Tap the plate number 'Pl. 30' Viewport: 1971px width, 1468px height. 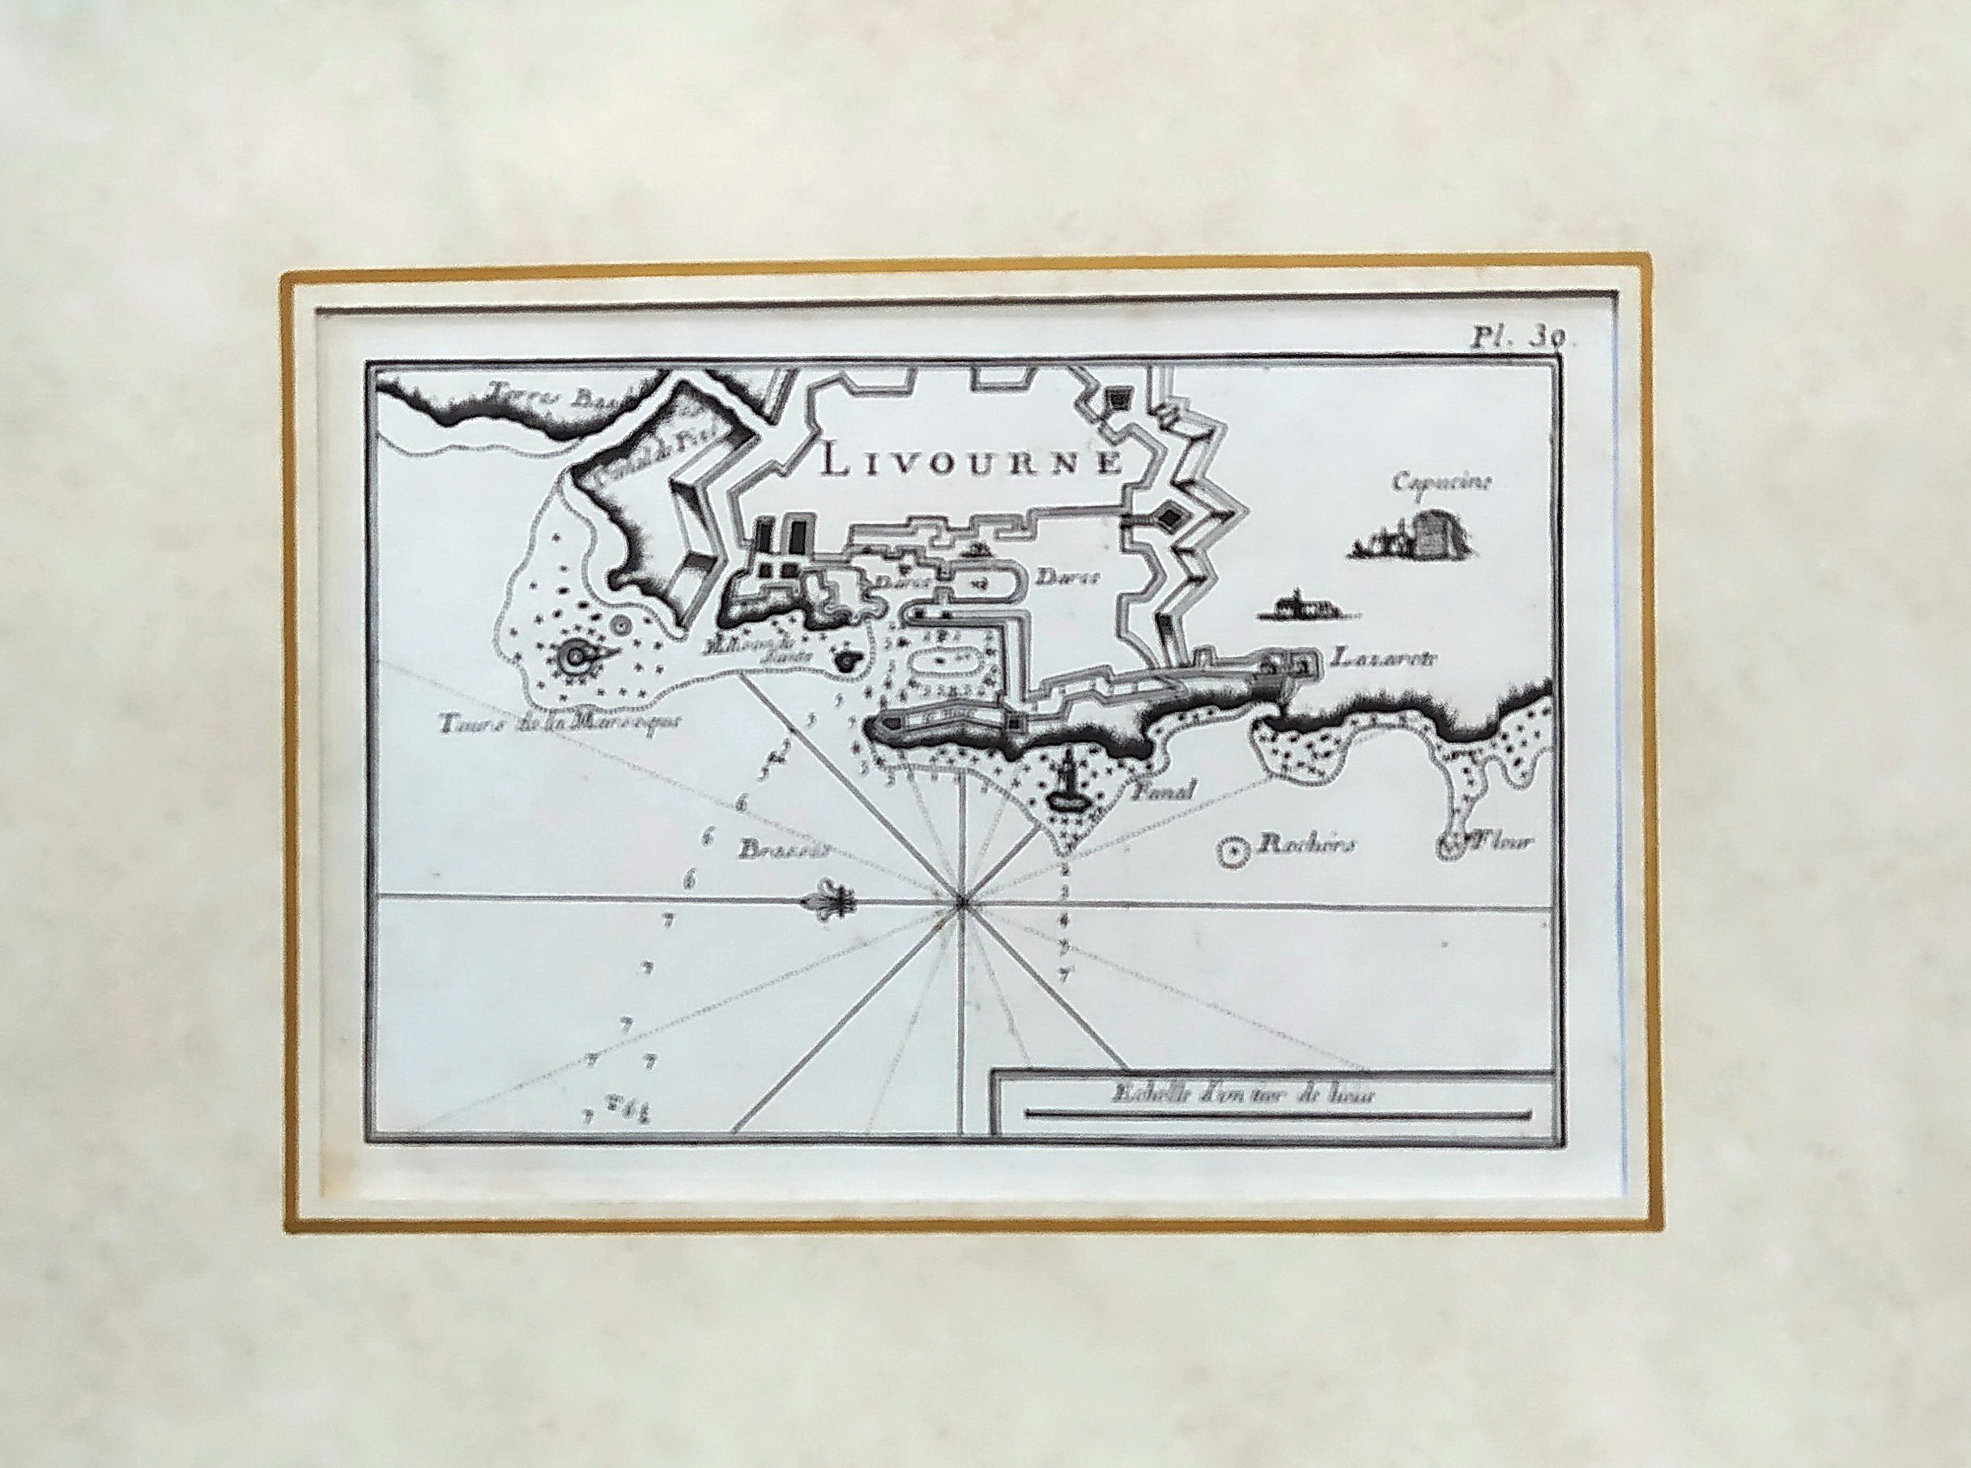coord(1508,338)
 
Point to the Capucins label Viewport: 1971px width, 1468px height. coord(1433,483)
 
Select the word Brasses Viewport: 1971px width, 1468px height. coord(782,848)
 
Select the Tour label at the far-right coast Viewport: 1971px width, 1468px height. coord(1502,841)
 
